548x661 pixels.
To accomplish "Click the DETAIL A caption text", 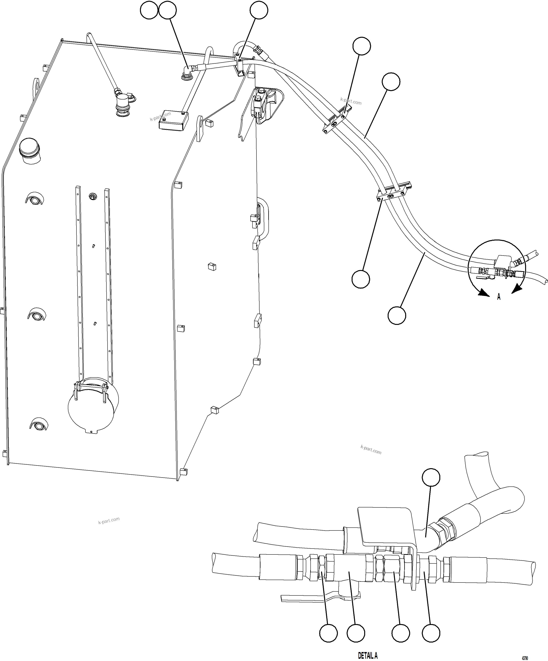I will [x=368, y=655].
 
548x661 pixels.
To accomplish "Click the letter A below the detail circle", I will [x=499, y=296].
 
